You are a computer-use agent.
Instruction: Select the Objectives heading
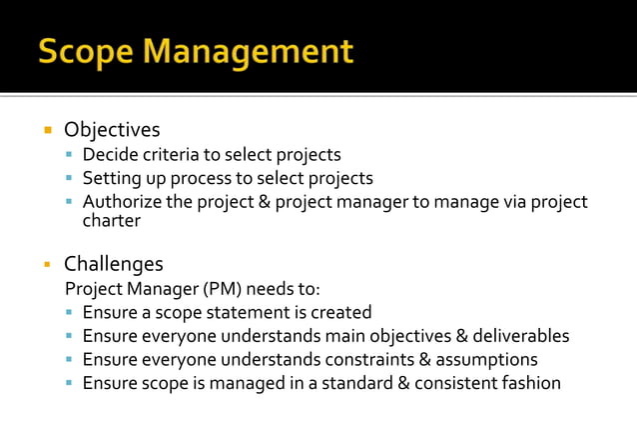112,130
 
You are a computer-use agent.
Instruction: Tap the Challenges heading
114,264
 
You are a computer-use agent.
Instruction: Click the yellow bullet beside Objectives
46,130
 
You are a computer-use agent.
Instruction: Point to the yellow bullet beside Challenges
46,264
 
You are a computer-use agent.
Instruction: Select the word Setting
112,179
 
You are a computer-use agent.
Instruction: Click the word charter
112,222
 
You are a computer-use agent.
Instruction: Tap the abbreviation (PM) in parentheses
222,289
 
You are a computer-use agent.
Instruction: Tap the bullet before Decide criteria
69,155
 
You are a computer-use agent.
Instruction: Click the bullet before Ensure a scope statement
69,313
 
